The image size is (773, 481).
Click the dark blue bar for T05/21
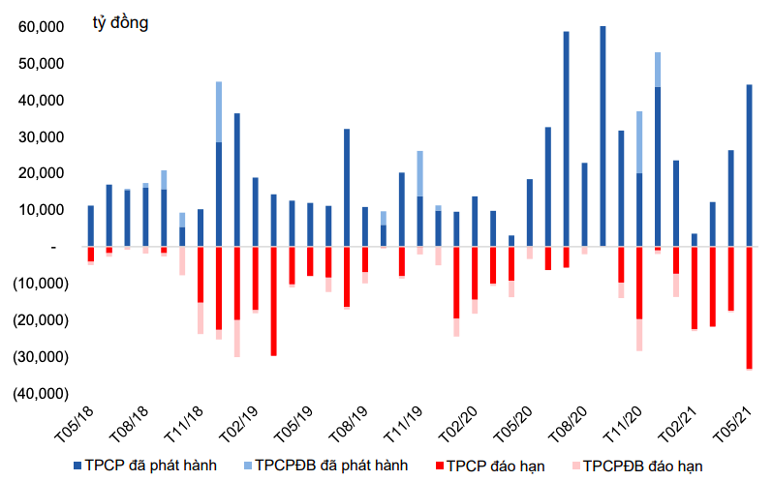749,165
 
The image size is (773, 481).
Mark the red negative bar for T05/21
749,307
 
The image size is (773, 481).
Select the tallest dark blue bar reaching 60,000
603,135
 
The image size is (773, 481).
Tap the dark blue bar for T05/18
90,225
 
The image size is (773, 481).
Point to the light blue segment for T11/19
419,174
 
